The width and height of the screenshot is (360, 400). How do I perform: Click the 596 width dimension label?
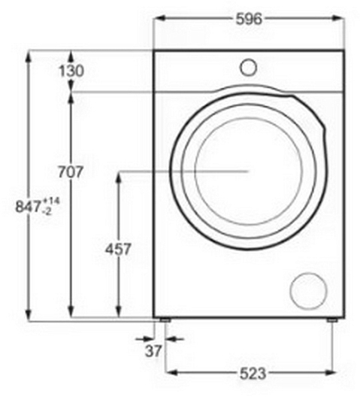click(x=249, y=19)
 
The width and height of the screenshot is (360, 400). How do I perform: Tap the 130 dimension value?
click(x=71, y=71)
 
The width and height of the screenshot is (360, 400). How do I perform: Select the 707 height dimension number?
click(x=71, y=171)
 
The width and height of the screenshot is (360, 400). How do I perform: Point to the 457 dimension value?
click(x=118, y=249)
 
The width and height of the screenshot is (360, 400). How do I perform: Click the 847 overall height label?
click(x=28, y=206)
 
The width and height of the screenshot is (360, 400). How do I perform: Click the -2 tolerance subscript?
click(x=47, y=211)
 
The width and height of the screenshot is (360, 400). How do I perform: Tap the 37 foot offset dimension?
click(x=153, y=350)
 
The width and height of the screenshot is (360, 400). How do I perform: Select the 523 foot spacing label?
click(x=253, y=373)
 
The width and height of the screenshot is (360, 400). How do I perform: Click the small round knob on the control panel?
click(x=248, y=68)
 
